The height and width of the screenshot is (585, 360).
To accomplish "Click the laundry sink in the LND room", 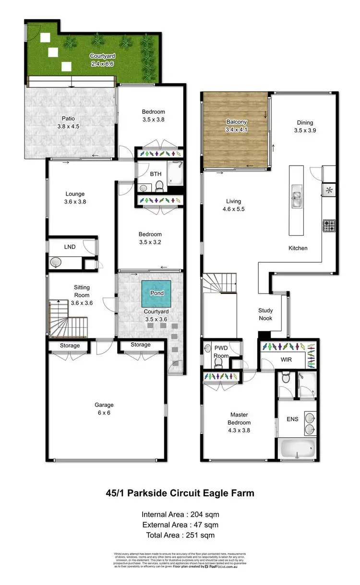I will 56,262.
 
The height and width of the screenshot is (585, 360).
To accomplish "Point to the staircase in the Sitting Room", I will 66,317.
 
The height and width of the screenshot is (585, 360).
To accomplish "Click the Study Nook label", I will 265,314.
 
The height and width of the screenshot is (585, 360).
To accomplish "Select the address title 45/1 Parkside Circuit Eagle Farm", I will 180,493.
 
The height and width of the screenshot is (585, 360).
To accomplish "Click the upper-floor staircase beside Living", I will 219,286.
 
